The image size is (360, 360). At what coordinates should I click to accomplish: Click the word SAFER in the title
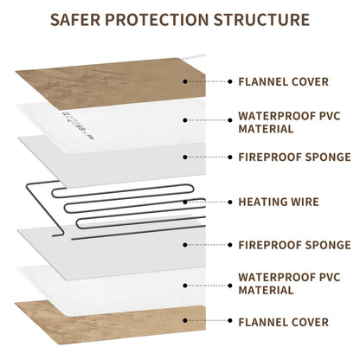(75, 20)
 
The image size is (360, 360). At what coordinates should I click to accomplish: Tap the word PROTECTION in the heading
(157, 20)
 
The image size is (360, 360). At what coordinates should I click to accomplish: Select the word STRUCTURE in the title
(261, 20)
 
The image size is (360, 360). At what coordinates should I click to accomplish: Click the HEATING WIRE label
(279, 202)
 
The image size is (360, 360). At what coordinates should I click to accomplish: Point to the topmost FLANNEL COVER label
(284, 81)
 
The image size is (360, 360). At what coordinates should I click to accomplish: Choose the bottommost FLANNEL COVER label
(284, 322)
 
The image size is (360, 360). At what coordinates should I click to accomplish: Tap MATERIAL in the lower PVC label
(266, 290)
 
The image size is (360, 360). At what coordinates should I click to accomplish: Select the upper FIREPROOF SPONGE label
(294, 157)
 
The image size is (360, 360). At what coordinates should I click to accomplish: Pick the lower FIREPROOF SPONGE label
(294, 245)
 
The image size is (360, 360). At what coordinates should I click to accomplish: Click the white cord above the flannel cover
(193, 56)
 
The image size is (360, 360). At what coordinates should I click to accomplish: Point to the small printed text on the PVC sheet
(78, 125)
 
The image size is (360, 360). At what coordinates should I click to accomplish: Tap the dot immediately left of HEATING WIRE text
(230, 202)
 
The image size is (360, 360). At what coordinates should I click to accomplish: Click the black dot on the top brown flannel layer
(185, 81)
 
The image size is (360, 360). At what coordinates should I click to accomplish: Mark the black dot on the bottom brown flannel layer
(185, 320)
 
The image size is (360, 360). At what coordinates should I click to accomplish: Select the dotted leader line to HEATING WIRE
(208, 202)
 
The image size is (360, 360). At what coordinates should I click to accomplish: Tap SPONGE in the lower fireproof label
(328, 245)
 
